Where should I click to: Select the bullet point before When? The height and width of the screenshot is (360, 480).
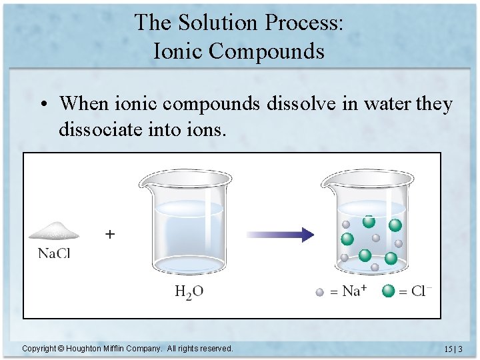coord(43,105)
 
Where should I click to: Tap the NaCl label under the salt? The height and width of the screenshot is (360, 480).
coord(54,253)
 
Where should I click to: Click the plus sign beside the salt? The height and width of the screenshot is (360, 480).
coord(110,235)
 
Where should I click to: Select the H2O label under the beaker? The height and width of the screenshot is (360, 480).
coord(189,291)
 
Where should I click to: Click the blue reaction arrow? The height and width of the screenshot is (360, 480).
coord(280,234)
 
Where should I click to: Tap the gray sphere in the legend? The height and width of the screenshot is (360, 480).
coord(320,291)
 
